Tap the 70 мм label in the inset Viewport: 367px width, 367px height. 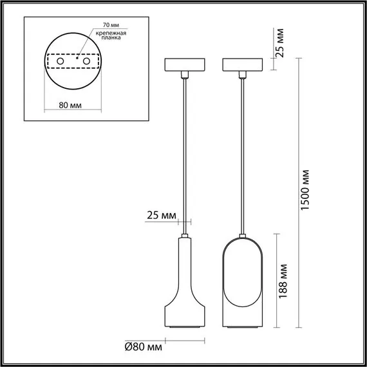coord(101,28)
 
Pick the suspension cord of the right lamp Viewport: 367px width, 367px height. coord(242,155)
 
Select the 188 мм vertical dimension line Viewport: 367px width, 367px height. coord(277,283)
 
